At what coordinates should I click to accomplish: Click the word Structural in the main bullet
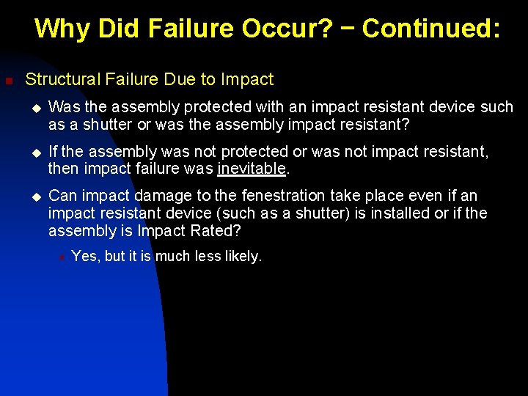[61, 79]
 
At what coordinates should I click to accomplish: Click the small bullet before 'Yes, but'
[62, 257]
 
